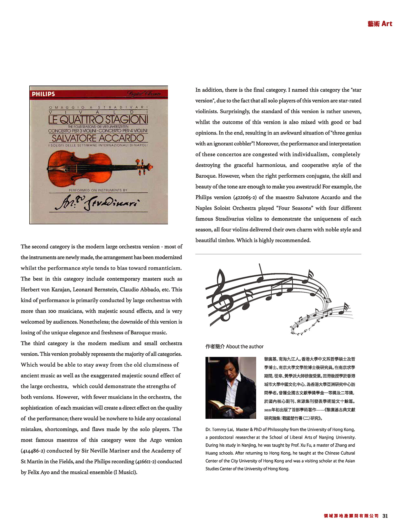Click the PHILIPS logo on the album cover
44,94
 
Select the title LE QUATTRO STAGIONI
98,120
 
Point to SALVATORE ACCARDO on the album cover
98,138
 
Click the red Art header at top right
380,24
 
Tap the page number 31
385,516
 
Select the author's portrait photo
230,388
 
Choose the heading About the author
234,347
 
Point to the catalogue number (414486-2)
33,451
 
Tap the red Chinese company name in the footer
351,516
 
